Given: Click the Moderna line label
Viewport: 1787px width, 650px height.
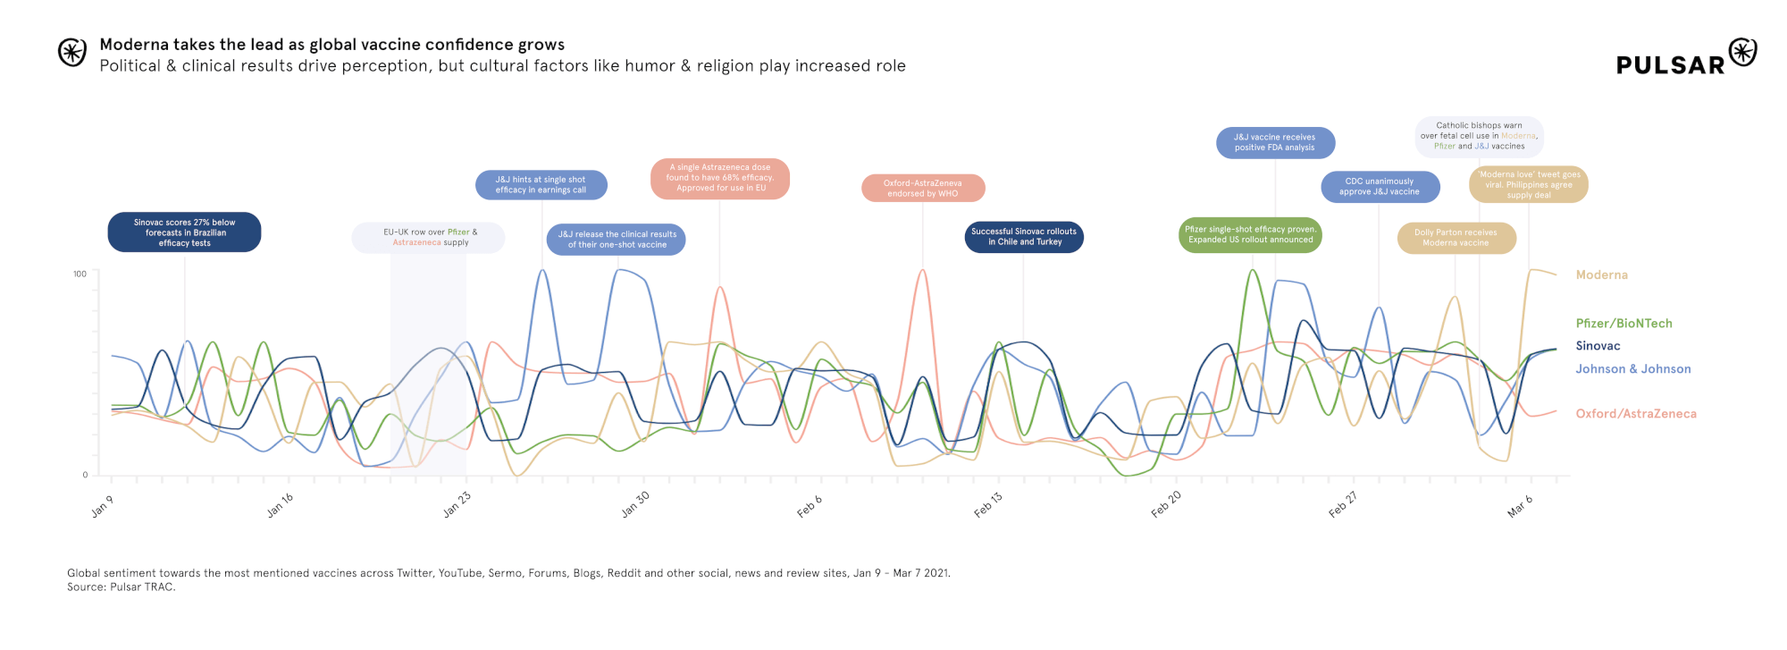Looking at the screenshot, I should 1601,275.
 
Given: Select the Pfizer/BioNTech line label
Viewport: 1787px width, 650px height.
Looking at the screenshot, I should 1623,324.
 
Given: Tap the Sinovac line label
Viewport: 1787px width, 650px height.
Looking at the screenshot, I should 1598,346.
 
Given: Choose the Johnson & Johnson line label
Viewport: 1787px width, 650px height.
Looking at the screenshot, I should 1632,369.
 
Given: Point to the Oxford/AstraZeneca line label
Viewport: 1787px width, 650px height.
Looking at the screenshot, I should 1635,414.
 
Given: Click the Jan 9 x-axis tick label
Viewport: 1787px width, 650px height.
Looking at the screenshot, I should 103,507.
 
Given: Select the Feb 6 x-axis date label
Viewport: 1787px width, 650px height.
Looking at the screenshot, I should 810,506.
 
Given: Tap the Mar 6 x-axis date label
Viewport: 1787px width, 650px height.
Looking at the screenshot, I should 1520,506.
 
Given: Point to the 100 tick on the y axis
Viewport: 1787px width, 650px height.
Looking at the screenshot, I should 80,274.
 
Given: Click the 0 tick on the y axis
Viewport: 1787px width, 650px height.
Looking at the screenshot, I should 85,475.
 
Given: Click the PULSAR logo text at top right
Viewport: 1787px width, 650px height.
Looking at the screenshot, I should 1670,65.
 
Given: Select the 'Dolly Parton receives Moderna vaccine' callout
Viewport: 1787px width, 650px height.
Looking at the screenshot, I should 1456,238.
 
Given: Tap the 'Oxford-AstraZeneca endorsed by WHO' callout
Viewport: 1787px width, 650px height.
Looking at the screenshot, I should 923,189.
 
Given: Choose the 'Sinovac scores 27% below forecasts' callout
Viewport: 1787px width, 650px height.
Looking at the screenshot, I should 184,232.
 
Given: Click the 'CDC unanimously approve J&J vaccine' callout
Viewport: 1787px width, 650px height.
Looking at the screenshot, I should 1380,187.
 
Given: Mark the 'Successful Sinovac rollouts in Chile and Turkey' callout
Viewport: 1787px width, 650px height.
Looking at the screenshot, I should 1024,237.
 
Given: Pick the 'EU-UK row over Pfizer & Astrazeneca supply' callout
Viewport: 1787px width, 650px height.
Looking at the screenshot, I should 429,238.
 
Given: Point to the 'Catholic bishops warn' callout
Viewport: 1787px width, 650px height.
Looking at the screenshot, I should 1479,136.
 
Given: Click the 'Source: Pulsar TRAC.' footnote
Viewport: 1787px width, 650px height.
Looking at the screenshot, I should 122,587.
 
